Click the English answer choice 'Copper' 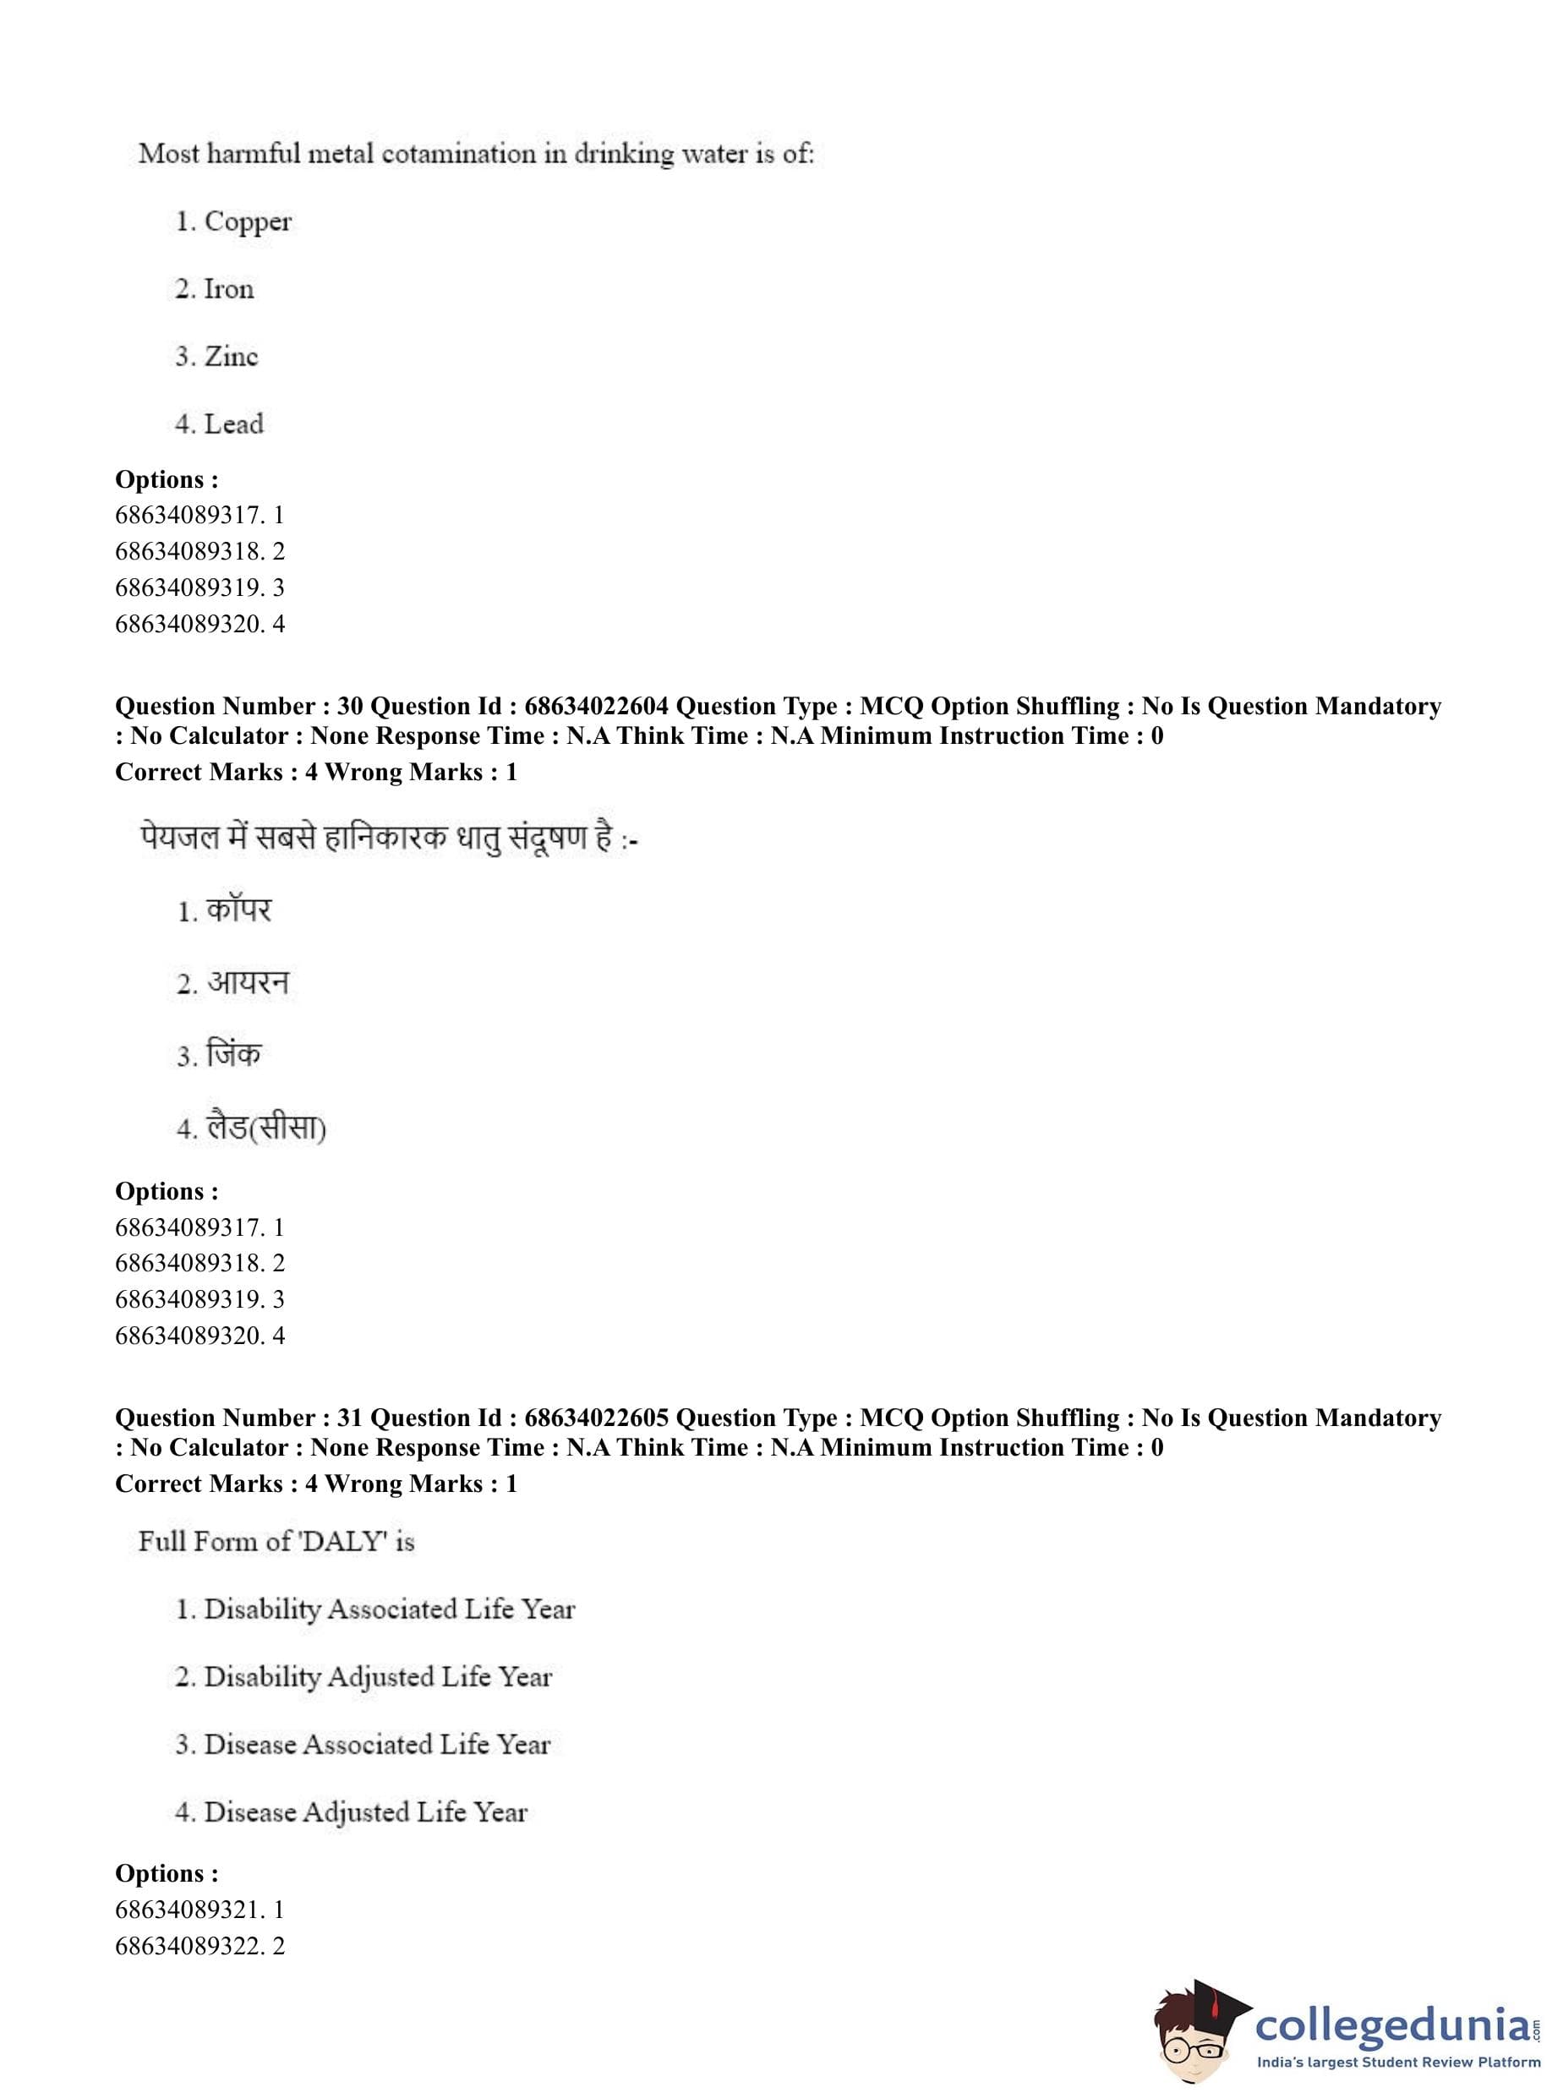(x=247, y=221)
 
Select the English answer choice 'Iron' (x=228, y=289)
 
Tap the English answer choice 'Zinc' (x=230, y=357)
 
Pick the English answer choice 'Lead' (x=233, y=424)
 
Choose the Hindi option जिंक (x=233, y=1055)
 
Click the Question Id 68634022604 (x=597, y=707)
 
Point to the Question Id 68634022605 (x=597, y=1418)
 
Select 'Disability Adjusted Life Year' (x=378, y=1677)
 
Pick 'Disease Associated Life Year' (x=377, y=1745)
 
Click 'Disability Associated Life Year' (x=389, y=1609)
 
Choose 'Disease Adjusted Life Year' (x=365, y=1812)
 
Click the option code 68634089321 (x=187, y=1910)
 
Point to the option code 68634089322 (x=187, y=1946)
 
